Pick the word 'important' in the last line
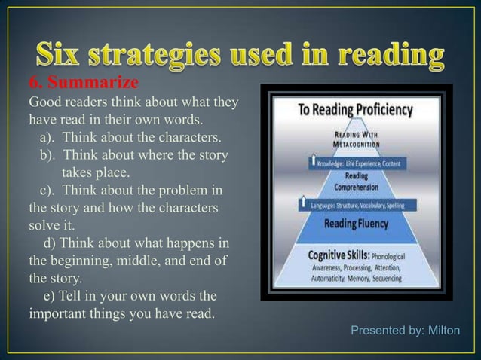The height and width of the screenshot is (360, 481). click(58, 312)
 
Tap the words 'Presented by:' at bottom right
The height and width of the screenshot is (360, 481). click(384, 331)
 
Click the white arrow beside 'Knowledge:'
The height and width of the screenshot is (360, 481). click(311, 162)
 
